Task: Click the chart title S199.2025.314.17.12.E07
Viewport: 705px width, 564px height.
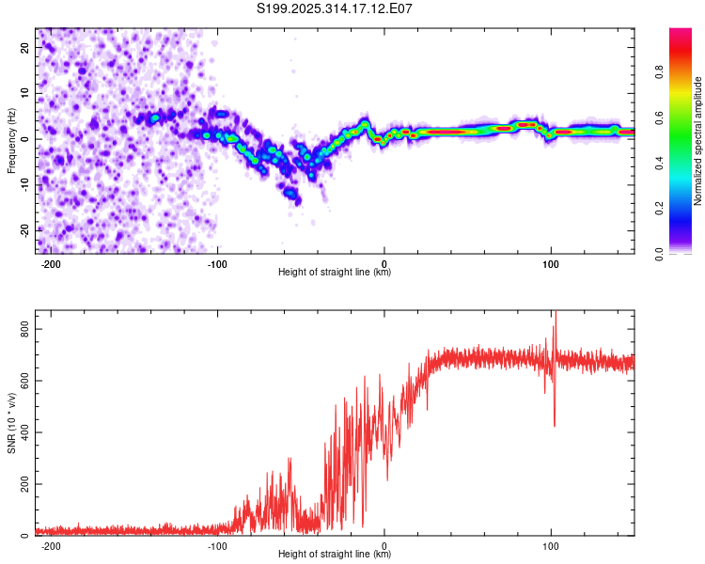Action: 336,8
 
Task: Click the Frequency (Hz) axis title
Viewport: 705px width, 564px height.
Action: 11,140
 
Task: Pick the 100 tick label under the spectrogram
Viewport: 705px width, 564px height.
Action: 551,264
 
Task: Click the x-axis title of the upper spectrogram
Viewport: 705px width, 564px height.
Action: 335,273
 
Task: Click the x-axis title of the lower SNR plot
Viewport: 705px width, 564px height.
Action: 335,555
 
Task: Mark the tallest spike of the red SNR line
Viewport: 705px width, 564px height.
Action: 555,313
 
